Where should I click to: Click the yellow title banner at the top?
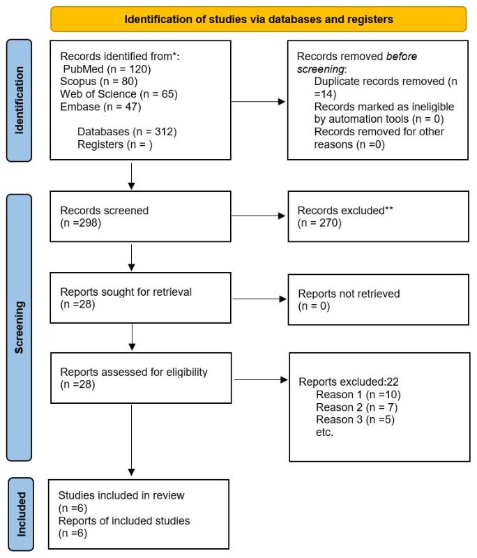point(259,20)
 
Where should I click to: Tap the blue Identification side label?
point(20,100)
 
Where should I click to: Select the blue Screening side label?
point(20,327)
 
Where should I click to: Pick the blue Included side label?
point(21,514)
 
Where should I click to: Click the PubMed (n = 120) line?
point(107,69)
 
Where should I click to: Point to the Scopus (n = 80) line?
point(99,82)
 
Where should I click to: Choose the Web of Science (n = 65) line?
point(119,94)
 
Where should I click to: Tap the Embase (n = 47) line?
point(100,107)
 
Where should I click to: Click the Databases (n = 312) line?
point(127,132)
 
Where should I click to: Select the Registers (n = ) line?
point(115,144)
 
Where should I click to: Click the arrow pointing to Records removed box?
point(258,102)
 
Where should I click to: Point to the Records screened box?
point(140,216)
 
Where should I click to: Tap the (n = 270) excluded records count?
point(319,223)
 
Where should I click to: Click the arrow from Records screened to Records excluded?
point(258,216)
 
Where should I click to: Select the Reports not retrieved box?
point(379,300)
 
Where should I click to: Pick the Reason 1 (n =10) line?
point(358,395)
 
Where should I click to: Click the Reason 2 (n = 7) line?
point(357,407)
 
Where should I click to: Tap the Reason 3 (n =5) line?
point(356,420)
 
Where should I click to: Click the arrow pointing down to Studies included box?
point(132,440)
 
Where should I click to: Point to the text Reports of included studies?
point(124,520)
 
